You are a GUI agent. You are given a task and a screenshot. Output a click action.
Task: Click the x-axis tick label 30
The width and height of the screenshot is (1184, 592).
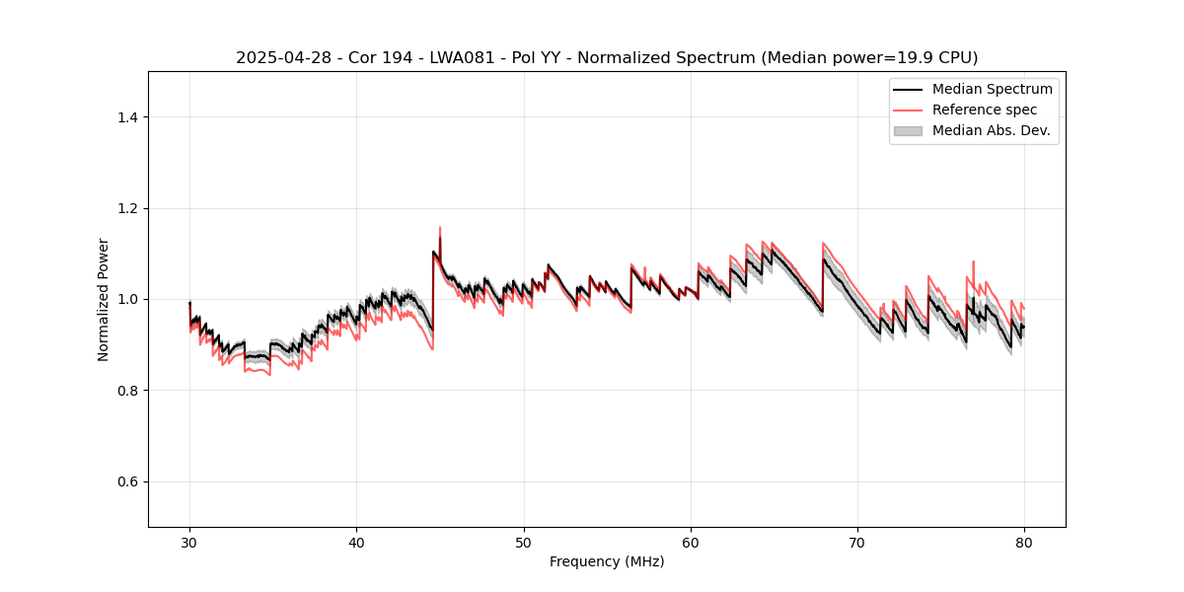[189, 543]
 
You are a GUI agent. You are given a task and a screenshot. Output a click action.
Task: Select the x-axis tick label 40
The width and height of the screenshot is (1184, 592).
[356, 543]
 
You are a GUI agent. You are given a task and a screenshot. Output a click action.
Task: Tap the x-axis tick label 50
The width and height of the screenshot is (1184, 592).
[524, 543]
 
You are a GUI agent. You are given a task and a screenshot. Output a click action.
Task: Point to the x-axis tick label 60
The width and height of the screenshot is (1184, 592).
[691, 543]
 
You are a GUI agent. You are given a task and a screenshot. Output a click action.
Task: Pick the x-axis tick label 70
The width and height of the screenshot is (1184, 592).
[857, 543]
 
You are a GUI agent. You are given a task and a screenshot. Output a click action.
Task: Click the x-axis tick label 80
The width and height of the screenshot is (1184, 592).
[1024, 543]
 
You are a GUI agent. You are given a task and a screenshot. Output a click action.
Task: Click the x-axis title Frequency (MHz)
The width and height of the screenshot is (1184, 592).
[607, 561]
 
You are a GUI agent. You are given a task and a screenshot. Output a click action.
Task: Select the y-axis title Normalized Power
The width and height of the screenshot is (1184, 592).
[104, 299]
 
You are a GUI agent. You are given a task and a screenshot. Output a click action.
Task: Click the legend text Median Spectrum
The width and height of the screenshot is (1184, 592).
[992, 90]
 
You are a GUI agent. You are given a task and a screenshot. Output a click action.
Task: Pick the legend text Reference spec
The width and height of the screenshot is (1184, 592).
[985, 110]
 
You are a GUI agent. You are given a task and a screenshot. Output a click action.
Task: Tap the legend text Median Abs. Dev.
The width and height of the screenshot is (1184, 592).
[992, 130]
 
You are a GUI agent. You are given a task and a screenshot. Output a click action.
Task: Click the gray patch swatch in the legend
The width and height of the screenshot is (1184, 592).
[908, 130]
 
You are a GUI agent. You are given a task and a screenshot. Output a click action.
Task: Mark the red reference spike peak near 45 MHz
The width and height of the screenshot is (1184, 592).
[440, 228]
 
